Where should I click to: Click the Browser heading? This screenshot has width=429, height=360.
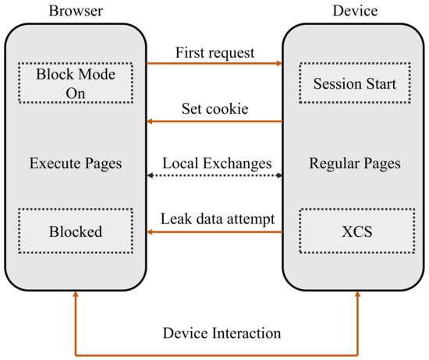(x=75, y=11)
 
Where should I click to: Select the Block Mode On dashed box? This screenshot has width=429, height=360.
(x=75, y=83)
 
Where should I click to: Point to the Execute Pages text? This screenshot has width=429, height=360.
(x=75, y=165)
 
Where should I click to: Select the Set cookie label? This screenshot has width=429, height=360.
(x=215, y=108)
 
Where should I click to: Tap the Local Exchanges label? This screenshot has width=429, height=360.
(x=215, y=164)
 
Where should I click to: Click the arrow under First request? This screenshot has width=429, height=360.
(x=215, y=63)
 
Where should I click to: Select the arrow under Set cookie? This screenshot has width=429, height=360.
(x=215, y=122)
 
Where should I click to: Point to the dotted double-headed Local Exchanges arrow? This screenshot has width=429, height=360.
(x=215, y=176)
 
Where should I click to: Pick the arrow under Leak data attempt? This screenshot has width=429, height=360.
(x=215, y=231)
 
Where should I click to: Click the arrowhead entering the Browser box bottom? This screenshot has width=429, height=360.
(x=75, y=295)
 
